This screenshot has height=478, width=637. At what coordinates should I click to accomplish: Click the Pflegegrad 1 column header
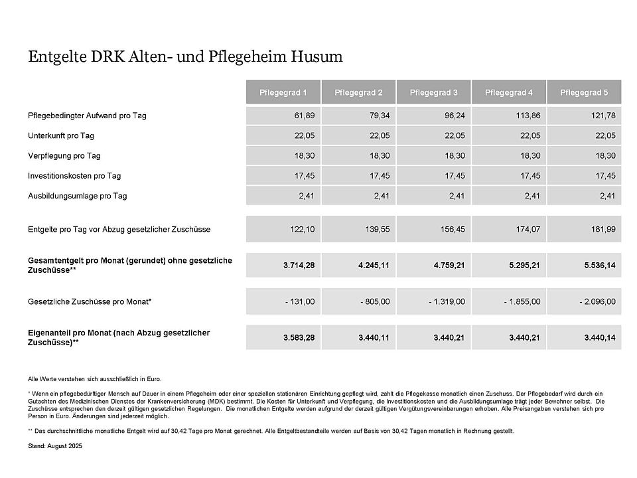(283, 92)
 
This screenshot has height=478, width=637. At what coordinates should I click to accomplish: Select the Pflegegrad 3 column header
(433, 92)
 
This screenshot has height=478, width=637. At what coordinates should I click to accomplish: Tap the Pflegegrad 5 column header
(584, 92)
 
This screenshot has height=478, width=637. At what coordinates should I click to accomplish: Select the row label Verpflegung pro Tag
(64, 155)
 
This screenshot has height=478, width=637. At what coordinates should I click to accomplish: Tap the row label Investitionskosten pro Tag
(74, 175)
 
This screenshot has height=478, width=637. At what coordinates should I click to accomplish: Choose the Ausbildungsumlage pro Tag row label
(78, 196)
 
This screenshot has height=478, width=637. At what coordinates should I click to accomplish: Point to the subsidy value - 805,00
(375, 301)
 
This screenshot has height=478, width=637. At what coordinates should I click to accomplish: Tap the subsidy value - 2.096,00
(597, 301)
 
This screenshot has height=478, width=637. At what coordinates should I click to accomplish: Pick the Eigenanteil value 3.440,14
(600, 338)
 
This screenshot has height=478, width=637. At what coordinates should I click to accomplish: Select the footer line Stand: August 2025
(55, 446)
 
